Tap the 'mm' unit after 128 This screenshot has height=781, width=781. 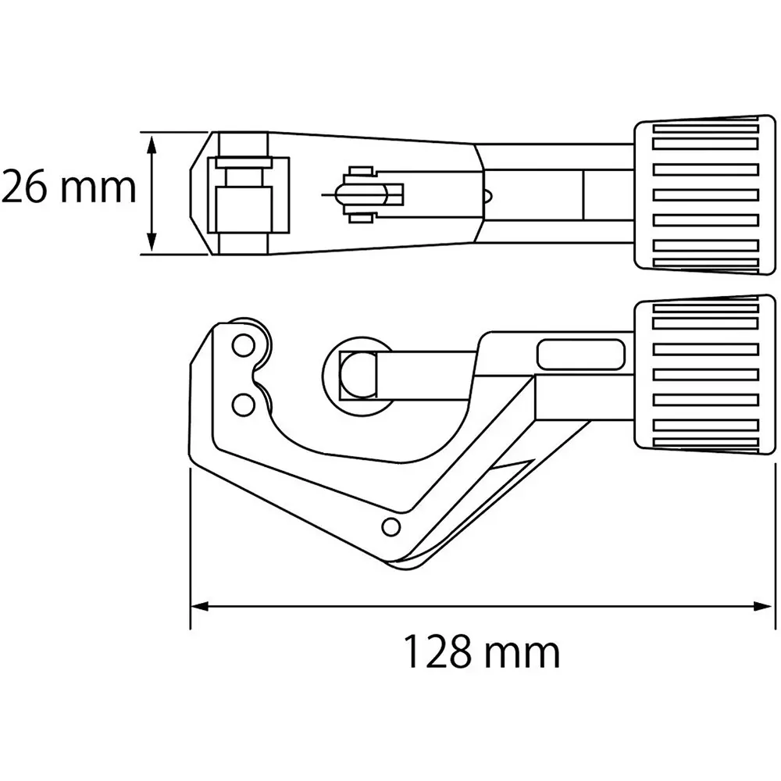coord(520,653)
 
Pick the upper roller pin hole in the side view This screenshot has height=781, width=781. coord(244,345)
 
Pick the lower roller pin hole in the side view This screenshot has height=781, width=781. coord(244,404)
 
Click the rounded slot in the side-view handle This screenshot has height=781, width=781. coord(582,354)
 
